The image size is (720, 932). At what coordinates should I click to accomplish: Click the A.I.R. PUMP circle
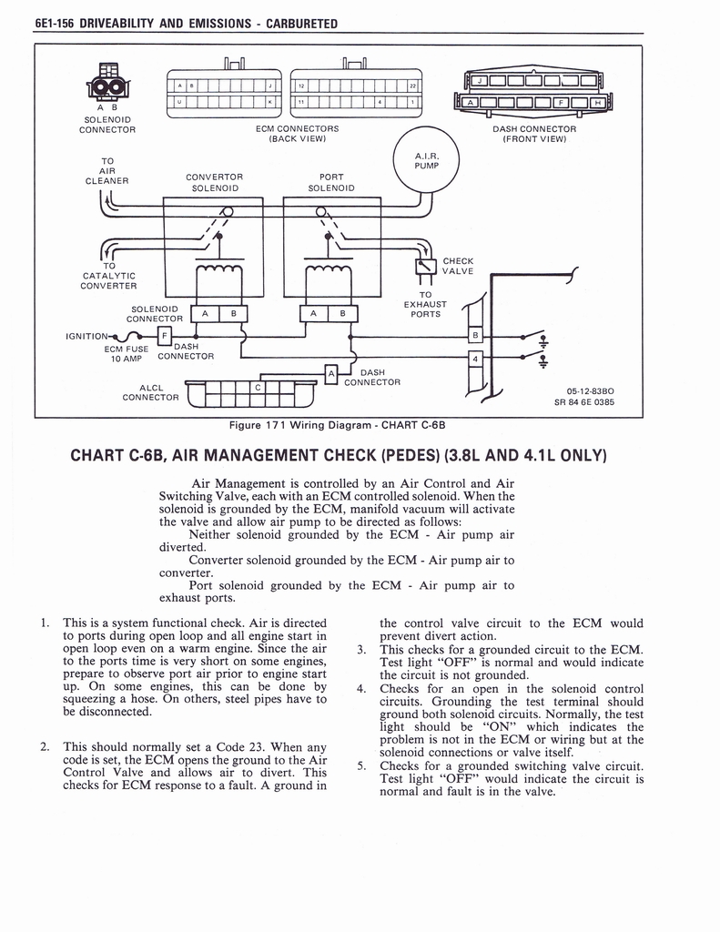(426, 160)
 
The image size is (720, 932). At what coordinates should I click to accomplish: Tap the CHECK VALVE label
(458, 266)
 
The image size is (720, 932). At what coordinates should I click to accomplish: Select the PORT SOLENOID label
(331, 182)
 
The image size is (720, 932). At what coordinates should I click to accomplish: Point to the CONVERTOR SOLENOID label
(214, 182)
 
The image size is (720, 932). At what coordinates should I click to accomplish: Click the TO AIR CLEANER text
(106, 170)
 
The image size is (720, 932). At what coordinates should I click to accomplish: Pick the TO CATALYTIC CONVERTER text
(108, 276)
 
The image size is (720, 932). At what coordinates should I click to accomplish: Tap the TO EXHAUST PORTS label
(425, 305)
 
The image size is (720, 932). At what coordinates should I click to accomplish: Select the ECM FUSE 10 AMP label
(125, 352)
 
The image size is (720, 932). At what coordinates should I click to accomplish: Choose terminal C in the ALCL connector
(259, 388)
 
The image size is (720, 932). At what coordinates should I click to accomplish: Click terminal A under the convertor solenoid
(206, 314)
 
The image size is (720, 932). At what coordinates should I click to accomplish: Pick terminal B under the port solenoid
(343, 314)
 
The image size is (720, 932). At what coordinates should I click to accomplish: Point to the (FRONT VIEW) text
(534, 139)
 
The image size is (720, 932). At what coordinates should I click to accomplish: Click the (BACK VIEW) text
(298, 139)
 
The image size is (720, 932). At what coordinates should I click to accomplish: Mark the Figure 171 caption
(342, 424)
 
